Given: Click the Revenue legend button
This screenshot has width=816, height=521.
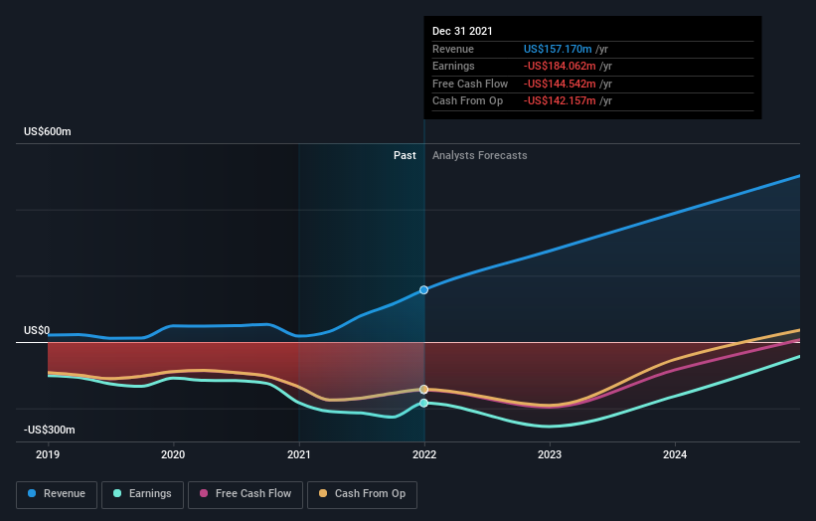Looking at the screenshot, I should pyautogui.click(x=57, y=493).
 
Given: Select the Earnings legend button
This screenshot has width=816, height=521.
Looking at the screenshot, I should pyautogui.click(x=142, y=493).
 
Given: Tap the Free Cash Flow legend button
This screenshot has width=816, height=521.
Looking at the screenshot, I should pyautogui.click(x=245, y=493).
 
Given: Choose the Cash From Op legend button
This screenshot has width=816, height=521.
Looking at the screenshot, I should pyautogui.click(x=363, y=493).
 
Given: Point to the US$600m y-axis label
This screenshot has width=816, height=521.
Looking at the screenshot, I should pyautogui.click(x=48, y=132).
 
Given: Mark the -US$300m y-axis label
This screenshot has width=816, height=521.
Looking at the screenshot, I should pyautogui.click(x=50, y=430).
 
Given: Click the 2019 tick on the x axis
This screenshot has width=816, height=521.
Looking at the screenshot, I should pyautogui.click(x=48, y=454).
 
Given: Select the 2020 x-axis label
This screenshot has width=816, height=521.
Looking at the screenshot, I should pyautogui.click(x=174, y=454).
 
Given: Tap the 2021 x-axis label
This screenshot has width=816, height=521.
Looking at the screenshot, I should pyautogui.click(x=299, y=454).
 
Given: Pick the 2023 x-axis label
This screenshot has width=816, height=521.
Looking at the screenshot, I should pyautogui.click(x=550, y=454).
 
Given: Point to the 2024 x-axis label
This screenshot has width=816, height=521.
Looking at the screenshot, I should pyautogui.click(x=675, y=454).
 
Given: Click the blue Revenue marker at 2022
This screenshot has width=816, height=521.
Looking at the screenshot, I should pyautogui.click(x=424, y=289).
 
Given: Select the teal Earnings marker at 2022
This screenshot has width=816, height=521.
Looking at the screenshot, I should pyautogui.click(x=424, y=403).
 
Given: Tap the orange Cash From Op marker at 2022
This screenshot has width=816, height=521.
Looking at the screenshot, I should pyautogui.click(x=424, y=389).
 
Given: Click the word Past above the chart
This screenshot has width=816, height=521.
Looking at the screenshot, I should pyautogui.click(x=405, y=155).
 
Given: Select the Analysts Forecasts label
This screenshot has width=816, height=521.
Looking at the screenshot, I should pyautogui.click(x=479, y=155).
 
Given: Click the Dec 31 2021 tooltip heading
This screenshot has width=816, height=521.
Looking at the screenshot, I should pyautogui.click(x=462, y=32).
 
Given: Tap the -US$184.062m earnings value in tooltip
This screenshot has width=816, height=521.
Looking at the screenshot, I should pyautogui.click(x=562, y=67).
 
